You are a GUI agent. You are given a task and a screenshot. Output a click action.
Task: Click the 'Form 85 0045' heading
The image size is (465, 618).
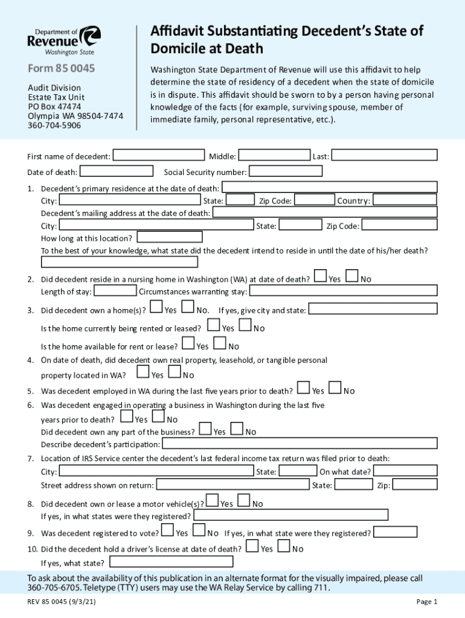(62, 68)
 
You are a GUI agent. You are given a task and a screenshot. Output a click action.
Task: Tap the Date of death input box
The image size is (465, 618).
(117, 171)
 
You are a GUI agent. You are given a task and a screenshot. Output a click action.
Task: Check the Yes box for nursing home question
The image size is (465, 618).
(321, 276)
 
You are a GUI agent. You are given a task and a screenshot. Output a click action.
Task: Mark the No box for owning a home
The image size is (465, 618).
(188, 308)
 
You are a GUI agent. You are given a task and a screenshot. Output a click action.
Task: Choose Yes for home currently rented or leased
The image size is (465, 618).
(214, 326)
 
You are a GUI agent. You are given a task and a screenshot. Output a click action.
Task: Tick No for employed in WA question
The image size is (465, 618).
(335, 389)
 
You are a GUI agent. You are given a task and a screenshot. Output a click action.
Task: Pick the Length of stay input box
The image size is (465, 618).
(115, 291)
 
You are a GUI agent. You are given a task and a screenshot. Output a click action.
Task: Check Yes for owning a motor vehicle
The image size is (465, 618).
(212, 501)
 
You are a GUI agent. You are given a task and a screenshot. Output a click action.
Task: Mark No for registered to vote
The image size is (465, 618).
(199, 531)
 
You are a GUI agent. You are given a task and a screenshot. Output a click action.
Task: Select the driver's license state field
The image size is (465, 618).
(170, 562)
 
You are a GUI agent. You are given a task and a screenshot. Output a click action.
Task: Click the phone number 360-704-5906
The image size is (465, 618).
(54, 125)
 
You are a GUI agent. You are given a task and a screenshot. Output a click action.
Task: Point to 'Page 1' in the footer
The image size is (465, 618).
(426, 601)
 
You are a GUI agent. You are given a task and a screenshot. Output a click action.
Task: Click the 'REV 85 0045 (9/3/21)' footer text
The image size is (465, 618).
(63, 601)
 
